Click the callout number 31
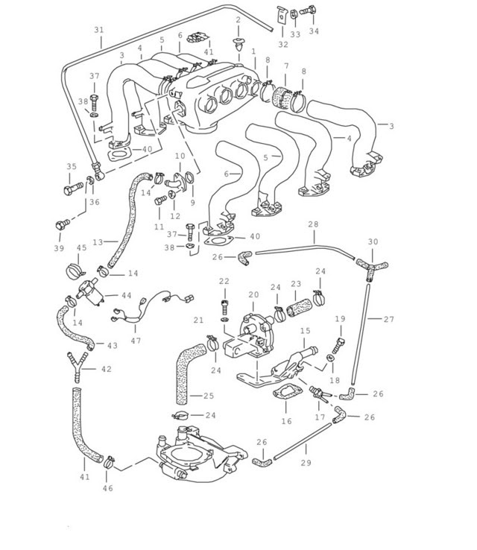(99, 30)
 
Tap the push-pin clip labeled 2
(238, 44)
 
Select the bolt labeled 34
(309, 10)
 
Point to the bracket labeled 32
(282, 15)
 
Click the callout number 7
(286, 66)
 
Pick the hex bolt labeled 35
(73, 188)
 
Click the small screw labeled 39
(61, 224)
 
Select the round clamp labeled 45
(75, 271)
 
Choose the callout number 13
(98, 242)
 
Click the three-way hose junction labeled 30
(371, 269)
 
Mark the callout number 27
(388, 319)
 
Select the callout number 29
(306, 463)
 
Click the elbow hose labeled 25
(187, 372)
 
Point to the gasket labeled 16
(287, 393)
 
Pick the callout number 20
(253, 295)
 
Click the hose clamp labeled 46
(109, 463)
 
